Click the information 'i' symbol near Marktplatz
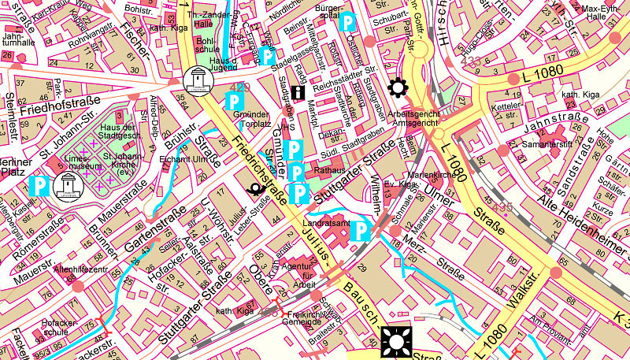(298, 93)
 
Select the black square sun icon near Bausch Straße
(394, 342)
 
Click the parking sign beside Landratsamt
(361, 230)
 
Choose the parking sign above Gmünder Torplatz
(234, 101)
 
